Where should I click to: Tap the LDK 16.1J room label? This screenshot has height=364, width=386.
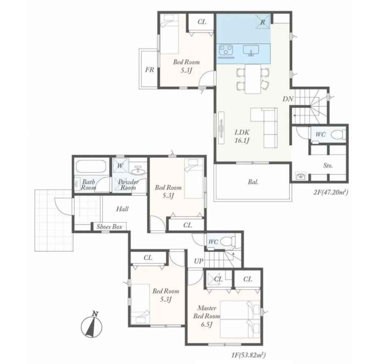pos(242,137)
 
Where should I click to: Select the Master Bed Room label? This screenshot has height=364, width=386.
pos(206,316)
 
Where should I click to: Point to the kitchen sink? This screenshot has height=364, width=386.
pos(251,50)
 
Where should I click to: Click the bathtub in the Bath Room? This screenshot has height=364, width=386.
pos(91,167)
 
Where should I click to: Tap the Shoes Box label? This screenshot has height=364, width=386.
pos(109,227)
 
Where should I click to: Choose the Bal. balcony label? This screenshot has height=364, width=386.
pos(253,182)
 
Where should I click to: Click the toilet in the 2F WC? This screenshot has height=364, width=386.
pos(338,135)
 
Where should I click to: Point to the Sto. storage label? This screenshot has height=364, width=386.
pos(328,166)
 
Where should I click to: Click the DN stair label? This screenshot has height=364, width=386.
pos(288,99)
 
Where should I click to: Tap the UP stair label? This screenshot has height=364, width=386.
pos(199,261)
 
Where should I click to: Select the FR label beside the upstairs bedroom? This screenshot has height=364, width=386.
pos(149,70)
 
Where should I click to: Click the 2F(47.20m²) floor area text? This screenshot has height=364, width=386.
pos(331,192)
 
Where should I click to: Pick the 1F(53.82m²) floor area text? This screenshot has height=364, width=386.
pos(248,355)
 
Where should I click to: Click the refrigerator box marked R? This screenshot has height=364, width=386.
pos(263,22)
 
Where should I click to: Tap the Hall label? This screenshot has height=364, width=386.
pos(122,209)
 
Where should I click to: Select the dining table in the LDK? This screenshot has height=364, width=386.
pos(253,79)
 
